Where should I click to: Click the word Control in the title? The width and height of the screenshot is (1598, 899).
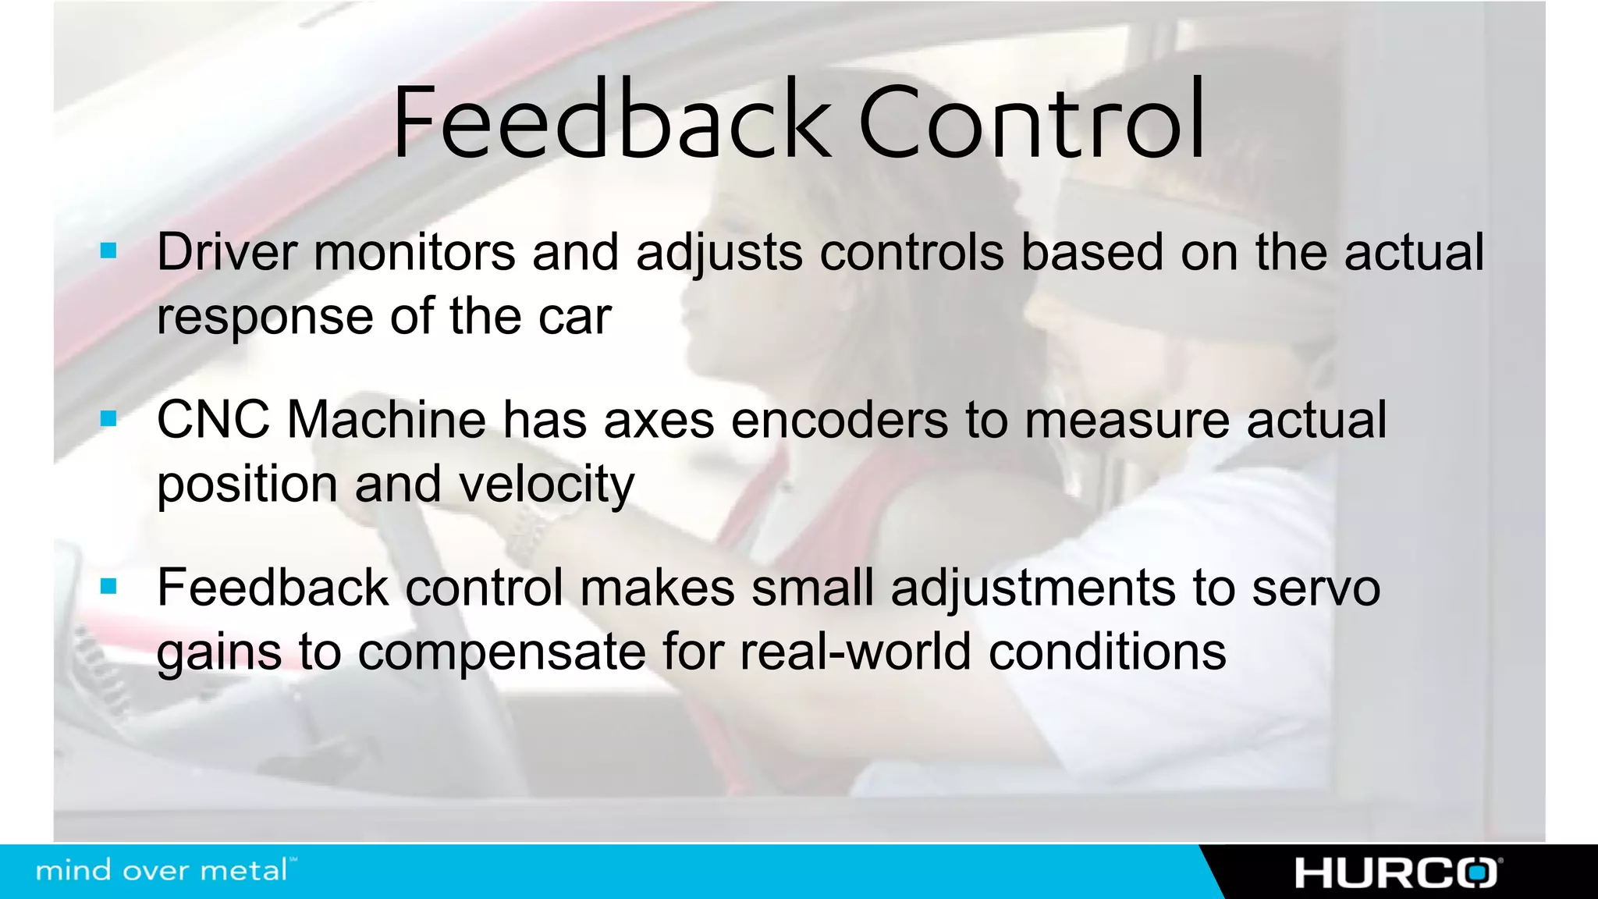coord(1032,122)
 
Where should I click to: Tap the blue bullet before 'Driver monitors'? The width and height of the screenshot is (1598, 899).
coord(108,251)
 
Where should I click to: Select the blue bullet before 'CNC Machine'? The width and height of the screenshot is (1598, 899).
coord(108,419)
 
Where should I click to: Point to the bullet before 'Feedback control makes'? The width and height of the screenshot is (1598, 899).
coord(108,586)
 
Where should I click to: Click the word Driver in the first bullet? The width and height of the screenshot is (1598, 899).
coord(227,253)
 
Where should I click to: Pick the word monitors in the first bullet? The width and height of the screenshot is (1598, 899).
coord(414,253)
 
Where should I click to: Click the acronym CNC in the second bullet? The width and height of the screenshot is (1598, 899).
coord(213,420)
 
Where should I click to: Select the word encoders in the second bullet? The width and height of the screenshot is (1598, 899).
coord(840,420)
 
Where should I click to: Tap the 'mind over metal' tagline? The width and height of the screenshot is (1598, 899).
coord(164,870)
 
